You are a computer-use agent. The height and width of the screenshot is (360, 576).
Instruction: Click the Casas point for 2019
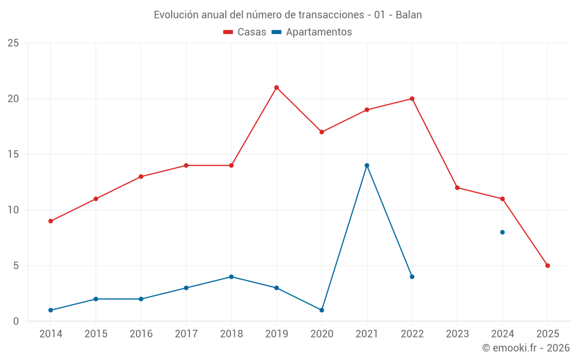coord(276,88)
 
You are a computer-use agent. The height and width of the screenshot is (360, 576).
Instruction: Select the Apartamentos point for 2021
coord(367,165)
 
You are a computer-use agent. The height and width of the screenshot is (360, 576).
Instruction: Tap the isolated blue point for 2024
coord(502,232)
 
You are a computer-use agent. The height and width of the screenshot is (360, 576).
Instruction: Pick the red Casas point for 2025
coord(547,266)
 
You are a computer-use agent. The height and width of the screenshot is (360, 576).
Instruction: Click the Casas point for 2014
coord(51,221)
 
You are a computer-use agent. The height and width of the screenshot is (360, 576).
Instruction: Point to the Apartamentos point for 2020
coord(321,310)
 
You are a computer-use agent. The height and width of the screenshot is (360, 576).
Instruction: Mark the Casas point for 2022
coord(412,98)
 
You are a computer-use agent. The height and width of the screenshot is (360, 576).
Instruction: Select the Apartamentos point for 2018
coord(231,276)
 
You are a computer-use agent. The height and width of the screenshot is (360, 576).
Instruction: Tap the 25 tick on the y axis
coord(13,43)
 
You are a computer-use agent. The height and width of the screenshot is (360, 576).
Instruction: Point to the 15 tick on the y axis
coord(13,154)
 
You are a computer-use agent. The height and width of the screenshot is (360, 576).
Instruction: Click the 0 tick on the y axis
coord(16,321)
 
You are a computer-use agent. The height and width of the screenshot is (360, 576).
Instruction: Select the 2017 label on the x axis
coord(186,334)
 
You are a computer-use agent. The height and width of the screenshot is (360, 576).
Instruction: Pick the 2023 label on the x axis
coord(457,334)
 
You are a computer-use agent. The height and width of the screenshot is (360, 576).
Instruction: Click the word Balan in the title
coord(409,15)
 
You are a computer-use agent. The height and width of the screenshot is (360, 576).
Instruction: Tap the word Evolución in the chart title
coord(172,15)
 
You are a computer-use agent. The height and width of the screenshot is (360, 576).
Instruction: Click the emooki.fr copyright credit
coord(526,348)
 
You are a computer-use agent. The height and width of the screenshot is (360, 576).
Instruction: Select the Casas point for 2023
coord(457,188)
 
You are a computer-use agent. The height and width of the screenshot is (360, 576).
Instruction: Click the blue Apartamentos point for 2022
coord(412,276)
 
